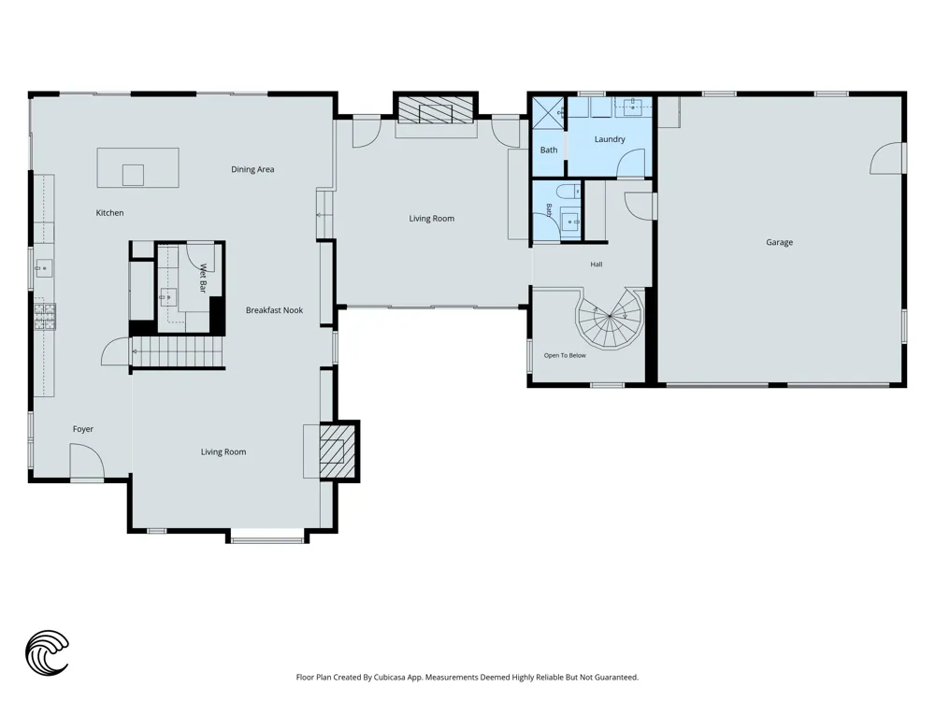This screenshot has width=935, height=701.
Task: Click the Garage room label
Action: pos(779,243)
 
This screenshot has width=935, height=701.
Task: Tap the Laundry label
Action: pos(610,139)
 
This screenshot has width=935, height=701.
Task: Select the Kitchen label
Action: pos(109,213)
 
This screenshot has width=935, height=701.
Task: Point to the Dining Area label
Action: pos(252,169)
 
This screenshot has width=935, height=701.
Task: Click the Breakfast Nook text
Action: pos(274,310)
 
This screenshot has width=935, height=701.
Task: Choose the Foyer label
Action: pos(83,429)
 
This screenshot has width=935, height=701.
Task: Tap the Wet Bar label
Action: pos(202,279)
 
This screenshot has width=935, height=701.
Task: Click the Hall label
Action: pos(597,265)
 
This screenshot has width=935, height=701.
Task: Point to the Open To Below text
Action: pos(565,355)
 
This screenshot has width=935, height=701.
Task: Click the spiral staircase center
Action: pos(610,316)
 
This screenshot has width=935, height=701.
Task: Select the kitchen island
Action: pos(137,167)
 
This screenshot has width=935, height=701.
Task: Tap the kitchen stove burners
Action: pos(45,317)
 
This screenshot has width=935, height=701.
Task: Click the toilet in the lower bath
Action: pos(568,192)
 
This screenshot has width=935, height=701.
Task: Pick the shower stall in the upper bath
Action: pos(547,112)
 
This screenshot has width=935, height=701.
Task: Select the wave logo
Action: pos(47,652)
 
